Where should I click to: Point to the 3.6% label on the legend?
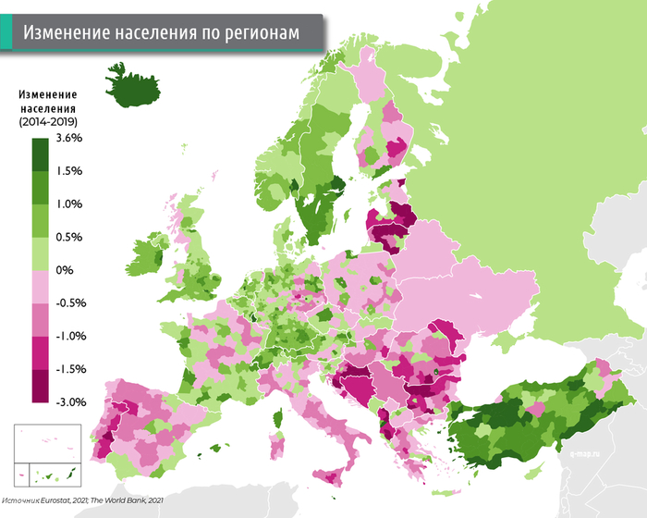[x=70, y=138]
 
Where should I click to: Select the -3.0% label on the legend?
[x=70, y=402]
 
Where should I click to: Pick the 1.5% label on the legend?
[x=70, y=171]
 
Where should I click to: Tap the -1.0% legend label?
[x=70, y=336]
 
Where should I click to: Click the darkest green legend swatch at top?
[x=40, y=154]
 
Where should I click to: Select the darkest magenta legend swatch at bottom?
[x=40, y=387]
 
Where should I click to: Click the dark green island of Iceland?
[x=132, y=86]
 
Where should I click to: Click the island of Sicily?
[x=329, y=475]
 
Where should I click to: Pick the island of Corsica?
[x=276, y=388]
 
